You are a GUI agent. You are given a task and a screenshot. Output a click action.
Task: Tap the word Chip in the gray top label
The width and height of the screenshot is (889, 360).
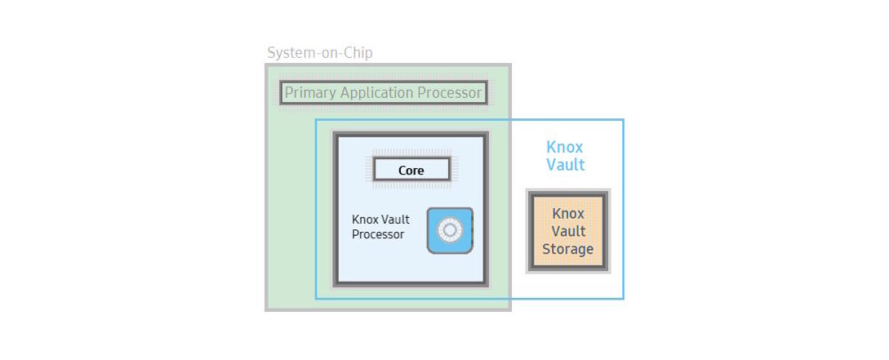(x=356, y=52)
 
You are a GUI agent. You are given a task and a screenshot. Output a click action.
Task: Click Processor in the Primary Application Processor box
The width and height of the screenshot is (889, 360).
(x=451, y=92)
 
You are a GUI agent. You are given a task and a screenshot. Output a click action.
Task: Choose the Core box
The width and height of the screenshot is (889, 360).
(x=411, y=170)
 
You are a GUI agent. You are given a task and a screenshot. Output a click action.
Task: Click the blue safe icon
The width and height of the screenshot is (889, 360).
(x=450, y=230)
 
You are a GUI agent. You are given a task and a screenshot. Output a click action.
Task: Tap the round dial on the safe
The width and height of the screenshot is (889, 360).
(x=449, y=230)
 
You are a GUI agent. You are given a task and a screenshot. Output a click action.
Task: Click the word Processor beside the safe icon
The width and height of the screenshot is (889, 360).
(x=378, y=235)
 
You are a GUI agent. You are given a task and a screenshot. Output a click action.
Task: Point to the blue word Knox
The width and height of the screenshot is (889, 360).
(x=565, y=147)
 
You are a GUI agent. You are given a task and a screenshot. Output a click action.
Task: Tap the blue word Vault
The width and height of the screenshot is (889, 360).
(x=565, y=164)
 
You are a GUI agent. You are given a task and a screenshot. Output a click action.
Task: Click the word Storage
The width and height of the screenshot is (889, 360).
(x=568, y=249)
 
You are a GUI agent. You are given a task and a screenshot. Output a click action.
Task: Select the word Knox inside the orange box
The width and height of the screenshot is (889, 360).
(x=568, y=213)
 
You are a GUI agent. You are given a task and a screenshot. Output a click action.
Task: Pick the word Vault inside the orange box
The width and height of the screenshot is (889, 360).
(x=568, y=231)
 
